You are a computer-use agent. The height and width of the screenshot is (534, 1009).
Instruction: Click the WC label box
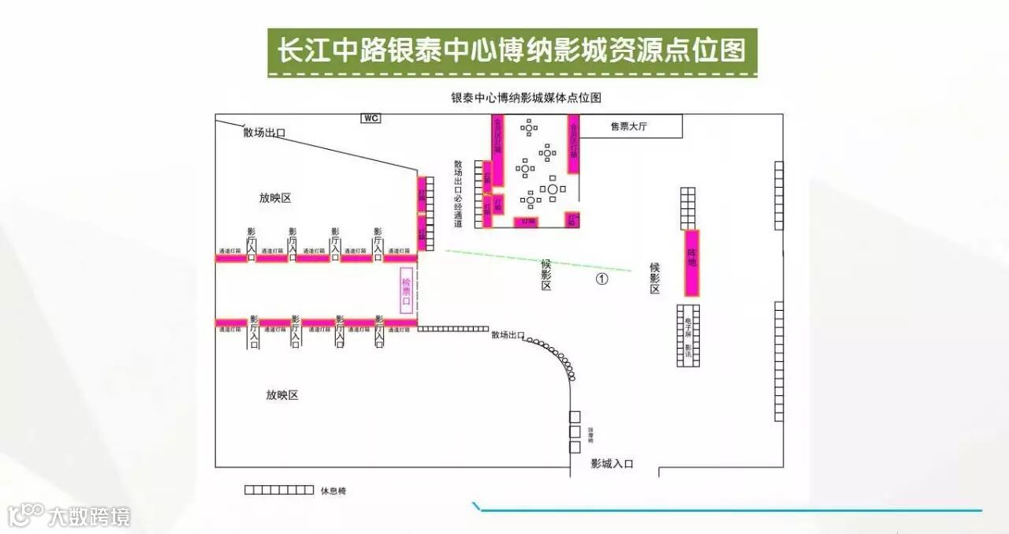370,118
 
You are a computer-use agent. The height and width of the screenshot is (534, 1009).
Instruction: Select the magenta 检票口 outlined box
408,291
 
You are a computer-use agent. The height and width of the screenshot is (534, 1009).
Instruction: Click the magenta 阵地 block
692,263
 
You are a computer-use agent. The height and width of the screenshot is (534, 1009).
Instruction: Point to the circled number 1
601,278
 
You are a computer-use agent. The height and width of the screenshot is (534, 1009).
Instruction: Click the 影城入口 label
612,464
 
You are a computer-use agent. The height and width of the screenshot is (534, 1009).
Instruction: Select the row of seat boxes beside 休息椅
279,490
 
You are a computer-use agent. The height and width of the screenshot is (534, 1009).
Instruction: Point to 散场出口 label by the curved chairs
508,335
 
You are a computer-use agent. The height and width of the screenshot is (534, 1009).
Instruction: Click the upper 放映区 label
275,197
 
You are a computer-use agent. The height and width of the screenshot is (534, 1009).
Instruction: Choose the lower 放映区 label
282,394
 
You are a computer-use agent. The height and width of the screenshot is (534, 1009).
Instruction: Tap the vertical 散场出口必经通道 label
458,194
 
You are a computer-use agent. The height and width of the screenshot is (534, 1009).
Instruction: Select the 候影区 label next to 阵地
654,278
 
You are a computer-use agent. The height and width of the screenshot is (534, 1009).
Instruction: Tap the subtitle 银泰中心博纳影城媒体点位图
526,98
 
